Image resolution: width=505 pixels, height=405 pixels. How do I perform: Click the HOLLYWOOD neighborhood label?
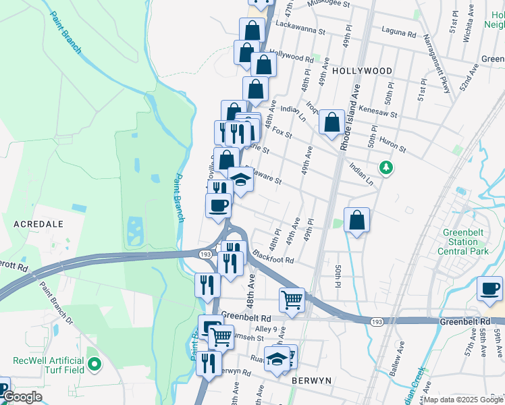[x=362, y=71]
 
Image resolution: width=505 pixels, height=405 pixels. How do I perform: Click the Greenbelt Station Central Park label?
[x=462, y=242]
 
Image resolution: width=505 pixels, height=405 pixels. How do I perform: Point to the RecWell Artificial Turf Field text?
[x=49, y=366]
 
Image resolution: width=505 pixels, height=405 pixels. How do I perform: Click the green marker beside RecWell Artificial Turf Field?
[x=95, y=366]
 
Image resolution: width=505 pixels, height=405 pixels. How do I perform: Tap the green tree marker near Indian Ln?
[x=386, y=166]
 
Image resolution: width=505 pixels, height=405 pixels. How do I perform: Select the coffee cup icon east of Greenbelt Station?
[x=489, y=289]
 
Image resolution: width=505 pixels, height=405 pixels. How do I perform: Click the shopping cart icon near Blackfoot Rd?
[x=292, y=299]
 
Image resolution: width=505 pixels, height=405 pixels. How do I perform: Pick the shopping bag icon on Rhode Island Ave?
[x=331, y=123]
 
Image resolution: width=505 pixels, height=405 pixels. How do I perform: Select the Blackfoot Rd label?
[x=273, y=258]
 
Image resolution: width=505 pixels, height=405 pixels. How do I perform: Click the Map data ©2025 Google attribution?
[x=463, y=400]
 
